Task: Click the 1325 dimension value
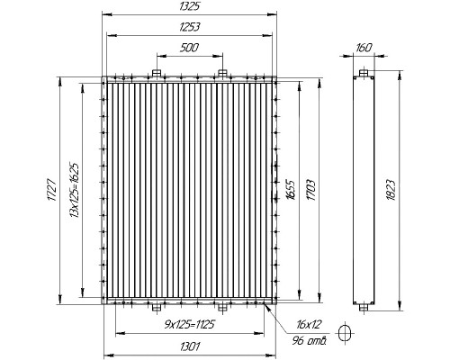click(189, 6)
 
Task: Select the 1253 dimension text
click(189, 27)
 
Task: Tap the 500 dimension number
click(189, 48)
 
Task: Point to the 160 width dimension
click(364, 48)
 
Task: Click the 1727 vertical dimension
click(51, 190)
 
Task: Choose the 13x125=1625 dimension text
click(74, 191)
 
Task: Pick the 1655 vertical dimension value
click(292, 190)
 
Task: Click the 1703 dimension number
click(311, 191)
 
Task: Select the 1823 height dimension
click(391, 190)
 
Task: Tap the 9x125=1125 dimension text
click(190, 325)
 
